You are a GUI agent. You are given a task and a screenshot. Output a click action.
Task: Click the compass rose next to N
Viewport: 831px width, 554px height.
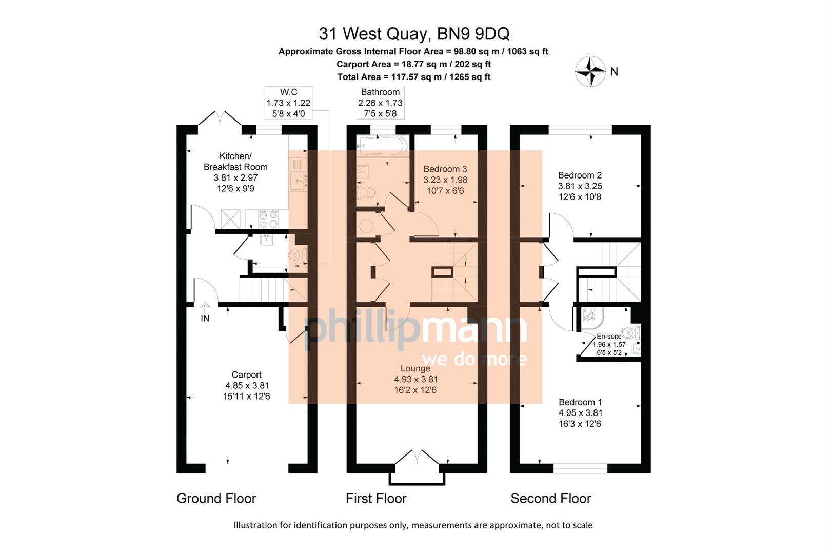[x=590, y=71]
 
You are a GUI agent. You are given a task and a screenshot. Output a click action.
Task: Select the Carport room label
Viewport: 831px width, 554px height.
[x=246, y=375]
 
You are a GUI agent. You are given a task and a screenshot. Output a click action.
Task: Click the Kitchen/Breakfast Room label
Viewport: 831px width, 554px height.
[x=235, y=161]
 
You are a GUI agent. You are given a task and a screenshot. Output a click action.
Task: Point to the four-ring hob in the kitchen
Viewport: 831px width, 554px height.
[x=267, y=219]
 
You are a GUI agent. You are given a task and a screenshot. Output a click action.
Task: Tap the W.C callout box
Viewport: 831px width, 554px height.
[x=288, y=103]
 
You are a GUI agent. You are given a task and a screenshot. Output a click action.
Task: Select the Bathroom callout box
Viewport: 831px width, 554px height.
[x=380, y=103]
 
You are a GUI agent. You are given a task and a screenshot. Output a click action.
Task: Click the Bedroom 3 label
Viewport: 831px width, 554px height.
[x=445, y=169]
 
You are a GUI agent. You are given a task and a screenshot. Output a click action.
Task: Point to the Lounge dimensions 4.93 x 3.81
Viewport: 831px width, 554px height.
[x=415, y=380]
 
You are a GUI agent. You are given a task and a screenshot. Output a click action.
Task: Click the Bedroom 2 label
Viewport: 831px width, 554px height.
[x=580, y=175]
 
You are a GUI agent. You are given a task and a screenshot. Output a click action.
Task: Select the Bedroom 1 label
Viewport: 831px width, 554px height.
[x=580, y=402]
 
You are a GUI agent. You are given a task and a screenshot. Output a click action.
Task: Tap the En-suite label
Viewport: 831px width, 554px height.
[x=609, y=337]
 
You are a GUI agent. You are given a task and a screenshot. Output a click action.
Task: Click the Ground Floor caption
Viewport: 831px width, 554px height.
[x=216, y=498]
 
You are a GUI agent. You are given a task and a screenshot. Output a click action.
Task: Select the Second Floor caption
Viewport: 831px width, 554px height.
[x=550, y=498]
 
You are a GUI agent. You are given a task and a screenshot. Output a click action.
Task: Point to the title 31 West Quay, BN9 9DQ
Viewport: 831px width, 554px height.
[x=414, y=34]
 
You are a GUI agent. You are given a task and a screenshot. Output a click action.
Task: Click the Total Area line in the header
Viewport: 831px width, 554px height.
[x=413, y=77]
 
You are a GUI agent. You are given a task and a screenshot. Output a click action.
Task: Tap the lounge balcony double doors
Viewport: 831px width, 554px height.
[x=417, y=457]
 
